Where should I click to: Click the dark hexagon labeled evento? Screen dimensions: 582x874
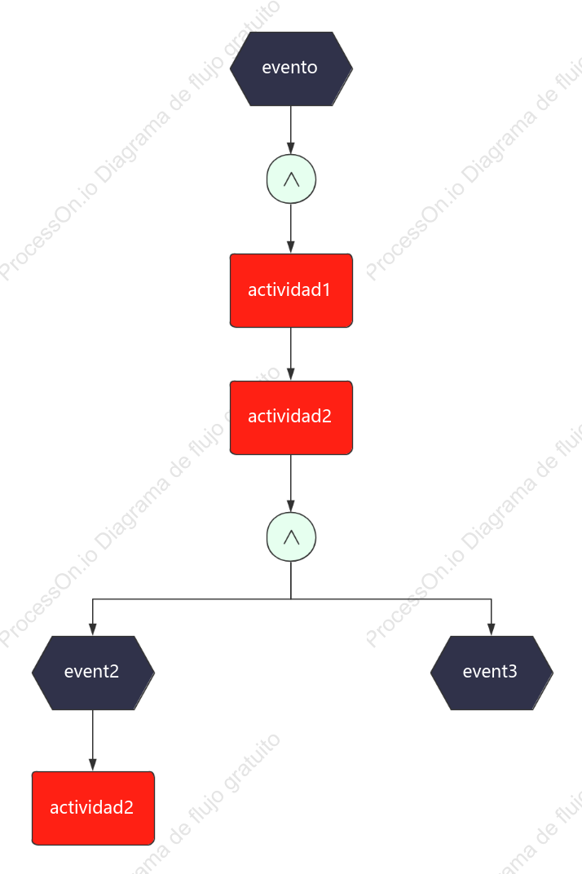(x=291, y=68)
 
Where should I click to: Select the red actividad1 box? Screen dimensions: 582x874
(x=291, y=290)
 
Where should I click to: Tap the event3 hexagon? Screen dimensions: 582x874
(x=492, y=673)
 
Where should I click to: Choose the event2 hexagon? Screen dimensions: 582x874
(x=93, y=673)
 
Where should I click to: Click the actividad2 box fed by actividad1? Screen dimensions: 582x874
(x=291, y=417)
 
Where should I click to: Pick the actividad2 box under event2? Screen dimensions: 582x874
(x=93, y=808)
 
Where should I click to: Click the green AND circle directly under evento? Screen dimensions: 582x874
(x=291, y=179)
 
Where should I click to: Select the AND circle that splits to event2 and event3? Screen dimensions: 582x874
(x=291, y=536)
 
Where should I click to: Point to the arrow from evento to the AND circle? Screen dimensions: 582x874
(x=290, y=130)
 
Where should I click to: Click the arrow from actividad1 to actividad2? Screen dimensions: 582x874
(x=290, y=354)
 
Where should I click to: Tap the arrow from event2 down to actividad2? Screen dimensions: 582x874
(x=93, y=741)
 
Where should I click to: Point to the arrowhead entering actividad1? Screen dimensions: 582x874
(x=290, y=247)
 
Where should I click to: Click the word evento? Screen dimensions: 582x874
(x=289, y=68)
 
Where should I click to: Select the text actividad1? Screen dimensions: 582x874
(x=289, y=289)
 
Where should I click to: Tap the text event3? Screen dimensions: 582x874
(x=489, y=671)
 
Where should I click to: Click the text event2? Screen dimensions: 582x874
(x=91, y=671)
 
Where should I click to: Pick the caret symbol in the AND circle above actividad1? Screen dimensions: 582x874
(x=291, y=179)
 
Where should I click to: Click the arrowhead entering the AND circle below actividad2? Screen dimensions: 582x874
(x=290, y=505)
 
